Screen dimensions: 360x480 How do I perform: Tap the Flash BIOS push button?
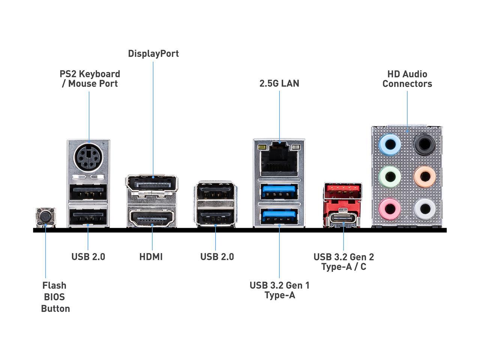click(x=45, y=217)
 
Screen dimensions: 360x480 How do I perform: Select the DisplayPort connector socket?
click(x=152, y=184)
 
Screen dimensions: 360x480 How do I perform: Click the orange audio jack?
click(x=424, y=177)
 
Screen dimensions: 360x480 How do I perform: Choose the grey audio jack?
click(x=424, y=209)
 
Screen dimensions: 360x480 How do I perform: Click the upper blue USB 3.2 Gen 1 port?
click(x=279, y=191)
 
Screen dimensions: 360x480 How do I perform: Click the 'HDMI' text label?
click(x=151, y=257)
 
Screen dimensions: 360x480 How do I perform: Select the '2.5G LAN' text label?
click(x=279, y=83)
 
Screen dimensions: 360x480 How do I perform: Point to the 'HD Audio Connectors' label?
click(x=407, y=79)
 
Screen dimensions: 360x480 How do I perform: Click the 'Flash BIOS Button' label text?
click(x=55, y=297)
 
